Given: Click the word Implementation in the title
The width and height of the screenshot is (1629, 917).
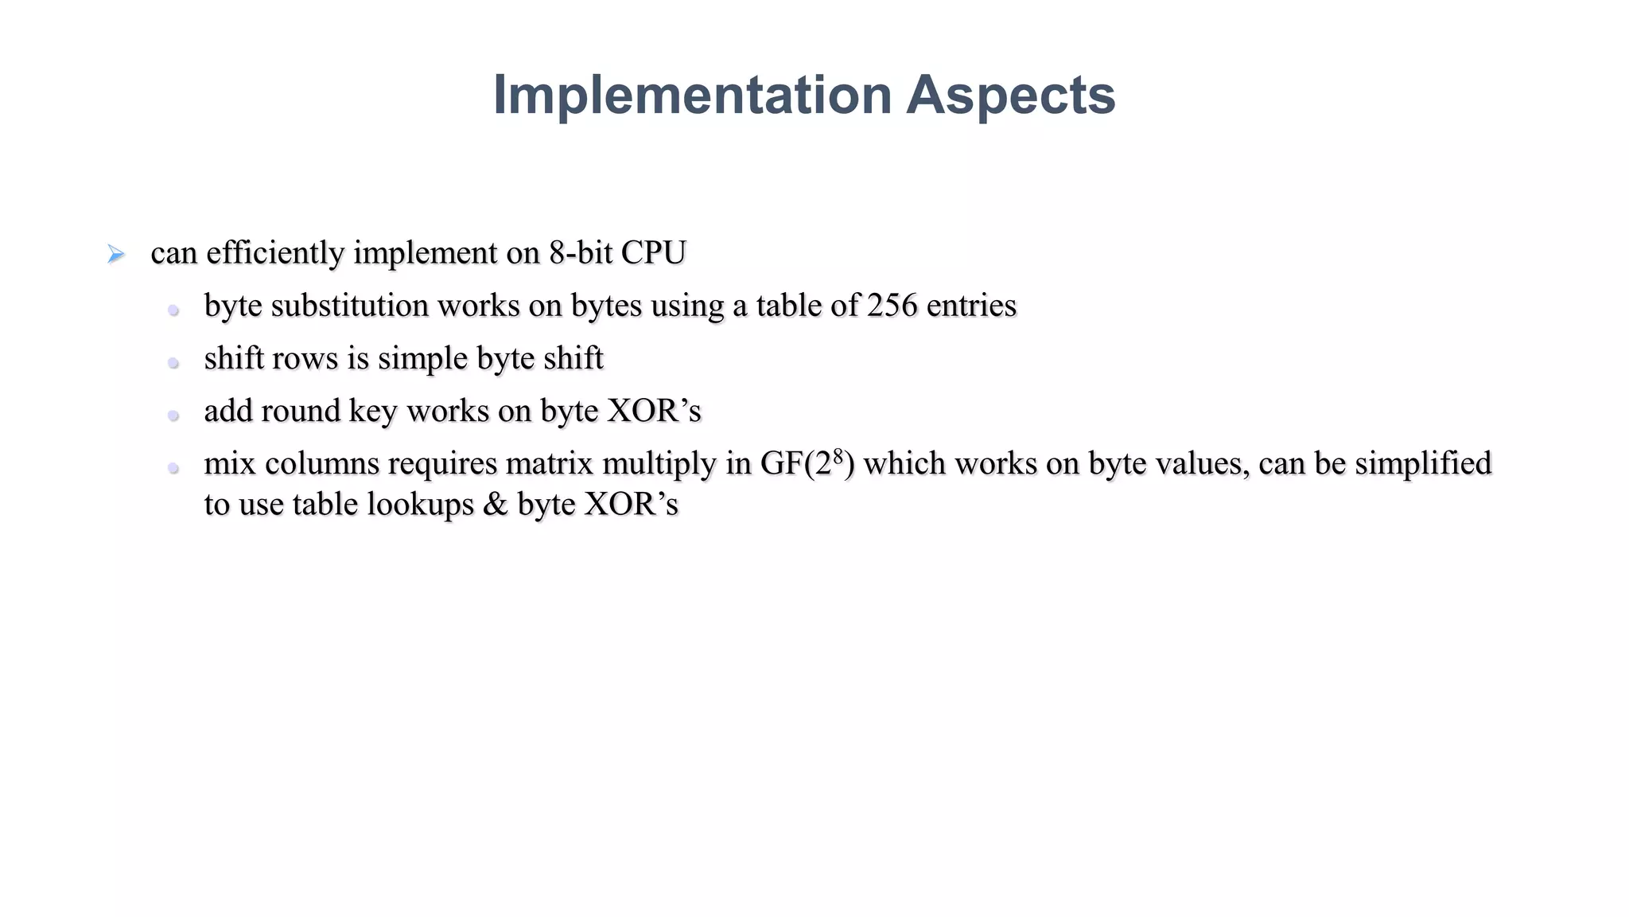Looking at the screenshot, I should click(x=692, y=95).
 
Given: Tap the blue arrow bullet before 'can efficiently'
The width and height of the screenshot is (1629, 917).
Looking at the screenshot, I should click(x=116, y=255).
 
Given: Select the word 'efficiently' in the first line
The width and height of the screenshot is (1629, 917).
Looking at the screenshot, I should click(x=274, y=253).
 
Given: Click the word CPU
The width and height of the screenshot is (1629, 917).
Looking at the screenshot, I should click(x=653, y=253).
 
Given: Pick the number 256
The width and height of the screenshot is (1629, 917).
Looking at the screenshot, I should click(x=892, y=306).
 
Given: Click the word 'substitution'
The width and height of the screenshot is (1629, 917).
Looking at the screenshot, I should click(x=349, y=306).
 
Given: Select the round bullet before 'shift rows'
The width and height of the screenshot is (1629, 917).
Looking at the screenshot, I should click(x=173, y=363).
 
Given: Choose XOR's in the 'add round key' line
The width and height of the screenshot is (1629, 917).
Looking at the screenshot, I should click(x=654, y=411).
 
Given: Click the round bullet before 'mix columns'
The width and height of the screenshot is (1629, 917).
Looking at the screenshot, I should click(x=173, y=468).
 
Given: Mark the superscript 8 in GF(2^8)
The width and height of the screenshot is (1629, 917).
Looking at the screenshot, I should click(x=838, y=456).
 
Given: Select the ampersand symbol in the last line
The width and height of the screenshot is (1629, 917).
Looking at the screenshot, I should click(x=495, y=505).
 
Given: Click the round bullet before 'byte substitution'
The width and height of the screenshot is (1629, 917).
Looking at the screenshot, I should click(x=173, y=310).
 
